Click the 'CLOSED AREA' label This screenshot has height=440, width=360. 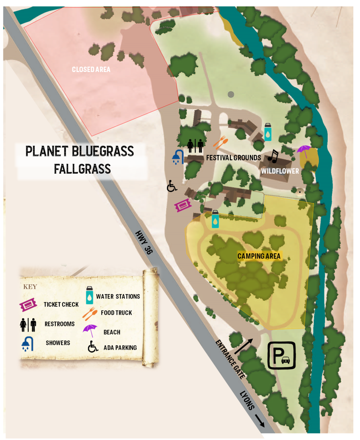click(91, 69)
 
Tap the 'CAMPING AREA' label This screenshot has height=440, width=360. click(259, 256)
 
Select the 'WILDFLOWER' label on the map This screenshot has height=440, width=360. click(280, 171)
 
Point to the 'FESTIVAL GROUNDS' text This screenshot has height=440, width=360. click(233, 158)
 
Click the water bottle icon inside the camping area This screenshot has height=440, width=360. click(215, 219)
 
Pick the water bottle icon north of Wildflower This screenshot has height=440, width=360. click(267, 132)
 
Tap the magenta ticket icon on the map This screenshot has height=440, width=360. click(183, 205)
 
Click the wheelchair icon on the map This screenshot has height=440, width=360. click(172, 186)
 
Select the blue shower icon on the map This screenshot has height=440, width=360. click(177, 157)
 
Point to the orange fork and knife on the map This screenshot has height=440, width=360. click(220, 143)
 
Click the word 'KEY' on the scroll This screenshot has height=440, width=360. click(30, 287)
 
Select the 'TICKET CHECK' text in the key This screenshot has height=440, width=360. click(61, 304)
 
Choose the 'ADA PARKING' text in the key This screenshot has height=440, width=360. click(120, 348)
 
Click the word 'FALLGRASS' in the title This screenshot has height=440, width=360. click(82, 169)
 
